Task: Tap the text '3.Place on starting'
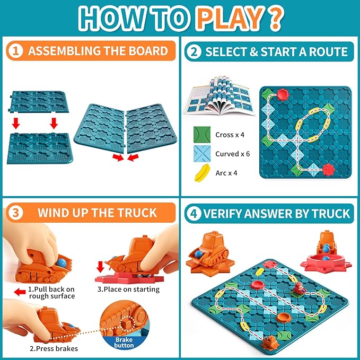(x=128, y=289)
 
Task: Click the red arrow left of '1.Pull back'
(x=20, y=291)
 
